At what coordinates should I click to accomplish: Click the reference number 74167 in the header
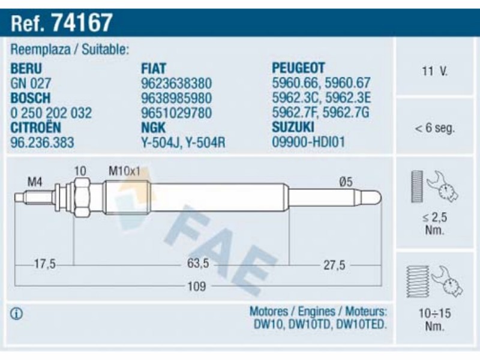pos(83,23)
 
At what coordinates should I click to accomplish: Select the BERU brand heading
pos(26,68)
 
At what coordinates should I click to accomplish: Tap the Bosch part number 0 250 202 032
pos(51,113)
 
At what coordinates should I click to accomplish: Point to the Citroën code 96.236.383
pos(42,142)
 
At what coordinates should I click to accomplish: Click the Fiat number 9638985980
pos(176,98)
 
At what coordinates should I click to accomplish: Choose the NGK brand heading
pos(153,128)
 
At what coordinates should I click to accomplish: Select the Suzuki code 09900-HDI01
pos(308,142)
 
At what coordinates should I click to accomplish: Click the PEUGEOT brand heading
pos(298,68)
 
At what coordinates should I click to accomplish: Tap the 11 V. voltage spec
pos(434,71)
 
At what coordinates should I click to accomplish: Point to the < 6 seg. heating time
pos(434,128)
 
